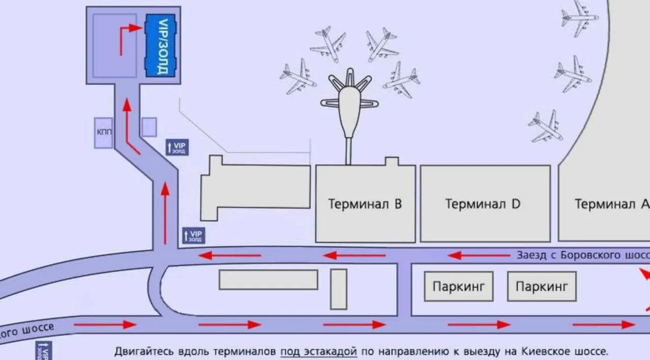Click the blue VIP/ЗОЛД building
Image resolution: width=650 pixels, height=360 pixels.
click(161, 45)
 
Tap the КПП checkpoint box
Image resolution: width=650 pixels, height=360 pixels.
click(103, 132)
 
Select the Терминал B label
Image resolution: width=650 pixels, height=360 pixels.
click(365, 204)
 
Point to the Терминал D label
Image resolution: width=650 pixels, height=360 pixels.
click(483, 204)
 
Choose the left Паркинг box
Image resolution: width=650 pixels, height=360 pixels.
click(459, 286)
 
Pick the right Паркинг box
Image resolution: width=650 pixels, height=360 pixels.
click(542, 286)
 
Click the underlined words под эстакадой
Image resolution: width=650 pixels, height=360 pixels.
click(318, 351)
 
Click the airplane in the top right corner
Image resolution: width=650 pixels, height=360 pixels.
click(579, 18)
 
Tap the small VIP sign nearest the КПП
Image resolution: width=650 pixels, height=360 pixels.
click(177, 147)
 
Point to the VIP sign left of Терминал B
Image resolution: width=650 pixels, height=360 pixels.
click(193, 235)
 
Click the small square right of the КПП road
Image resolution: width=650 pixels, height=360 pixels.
click(149, 127)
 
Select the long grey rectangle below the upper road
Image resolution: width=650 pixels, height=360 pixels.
click(268, 280)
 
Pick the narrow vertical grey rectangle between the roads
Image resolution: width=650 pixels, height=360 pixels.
click(339, 289)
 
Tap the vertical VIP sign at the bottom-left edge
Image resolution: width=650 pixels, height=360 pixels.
click(44, 351)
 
